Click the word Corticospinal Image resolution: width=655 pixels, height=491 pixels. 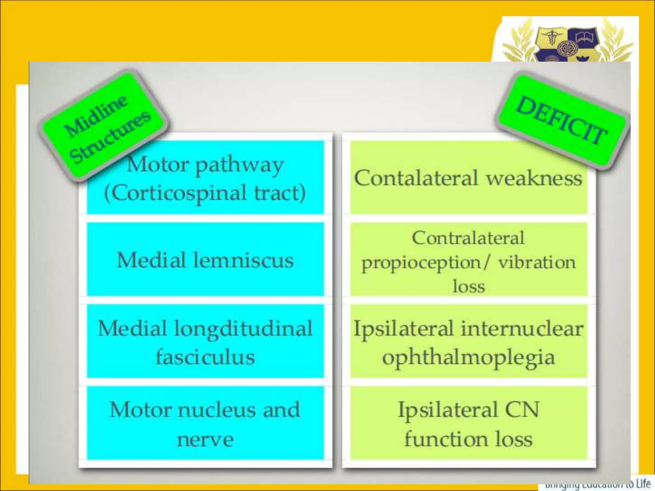point(176,193)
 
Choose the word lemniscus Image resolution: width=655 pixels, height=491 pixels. point(243,260)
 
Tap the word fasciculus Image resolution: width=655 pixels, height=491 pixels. point(205,357)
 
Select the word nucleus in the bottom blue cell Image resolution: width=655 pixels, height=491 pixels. point(217,409)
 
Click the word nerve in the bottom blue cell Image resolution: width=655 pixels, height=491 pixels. point(205,440)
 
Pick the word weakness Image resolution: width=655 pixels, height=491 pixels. point(534,178)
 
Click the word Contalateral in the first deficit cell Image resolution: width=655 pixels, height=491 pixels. point(416,178)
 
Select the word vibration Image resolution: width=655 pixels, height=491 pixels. point(537,263)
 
